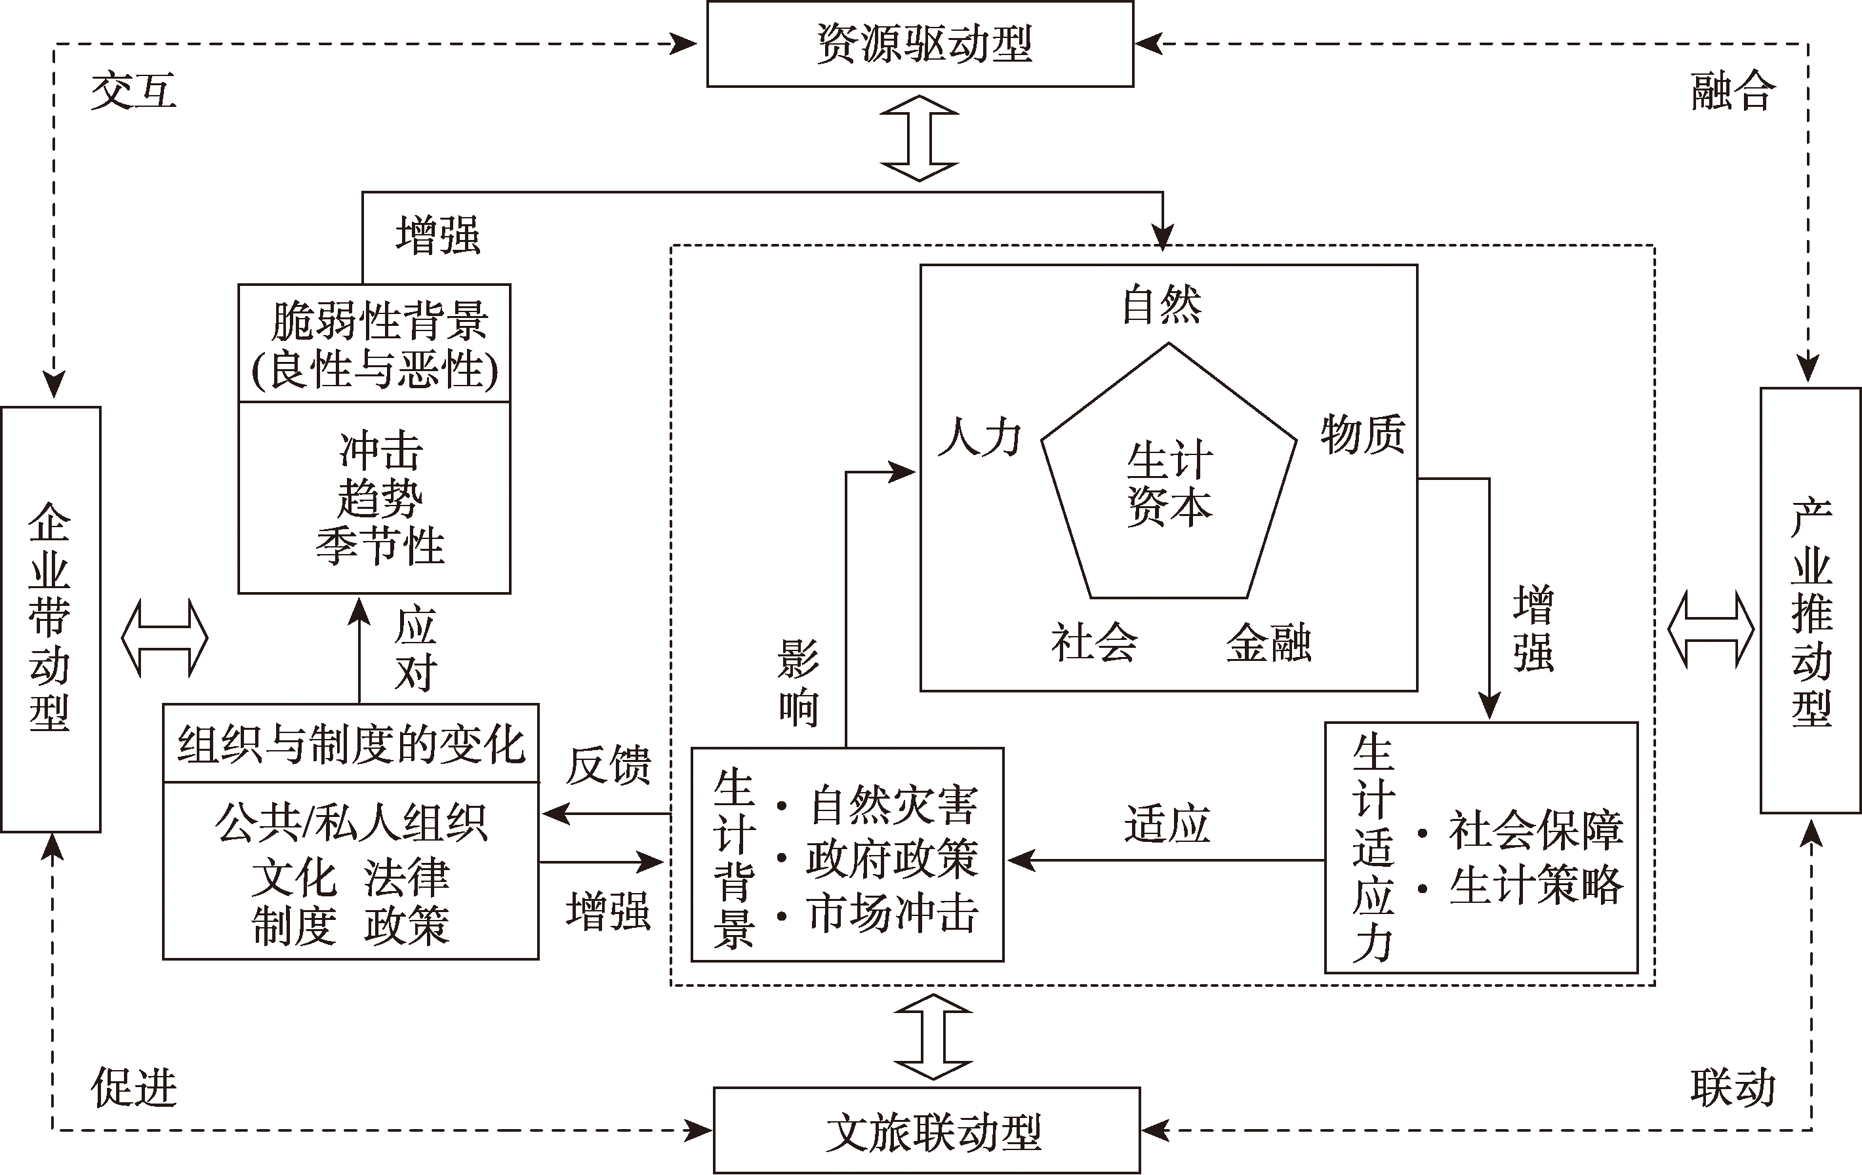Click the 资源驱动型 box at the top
click(x=920, y=43)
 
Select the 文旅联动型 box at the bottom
click(x=926, y=1131)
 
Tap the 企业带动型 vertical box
click(x=51, y=618)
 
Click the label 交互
click(x=133, y=91)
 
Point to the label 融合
click(x=1732, y=91)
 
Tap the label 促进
click(x=133, y=1088)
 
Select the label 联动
click(x=1732, y=1088)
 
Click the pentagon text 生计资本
click(x=1169, y=483)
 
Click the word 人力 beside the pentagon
click(x=979, y=437)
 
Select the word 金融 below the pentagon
click(x=1268, y=643)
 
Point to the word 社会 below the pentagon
click(x=1093, y=643)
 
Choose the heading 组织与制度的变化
click(x=351, y=744)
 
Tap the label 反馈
click(x=608, y=766)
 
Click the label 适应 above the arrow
click(x=1166, y=824)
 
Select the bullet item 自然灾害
click(x=893, y=805)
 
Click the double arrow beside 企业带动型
click(x=165, y=639)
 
